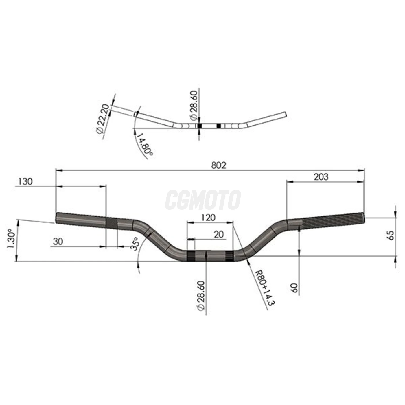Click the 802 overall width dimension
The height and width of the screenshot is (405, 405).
pyautogui.click(x=218, y=165)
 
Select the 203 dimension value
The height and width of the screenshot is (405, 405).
pyautogui.click(x=321, y=176)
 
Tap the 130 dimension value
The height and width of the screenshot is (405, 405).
pyautogui.click(x=25, y=182)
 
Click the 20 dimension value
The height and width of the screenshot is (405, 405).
pyautogui.click(x=219, y=234)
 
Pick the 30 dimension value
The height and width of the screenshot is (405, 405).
pyautogui.click(x=58, y=241)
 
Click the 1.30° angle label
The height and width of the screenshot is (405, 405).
pyautogui.click(x=10, y=239)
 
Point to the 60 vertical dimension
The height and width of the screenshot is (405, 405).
pyautogui.click(x=294, y=288)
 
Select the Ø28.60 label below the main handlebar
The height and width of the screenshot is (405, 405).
pyautogui.click(x=201, y=296)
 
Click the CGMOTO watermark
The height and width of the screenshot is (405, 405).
pyautogui.click(x=203, y=200)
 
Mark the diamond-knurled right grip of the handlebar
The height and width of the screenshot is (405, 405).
pyautogui.click(x=333, y=220)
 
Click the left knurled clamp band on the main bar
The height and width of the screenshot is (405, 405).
pyautogui.click(x=191, y=256)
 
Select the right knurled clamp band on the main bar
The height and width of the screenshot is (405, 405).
pyautogui.click(x=229, y=255)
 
